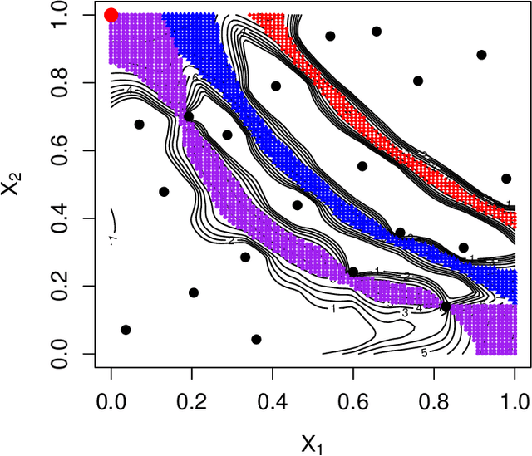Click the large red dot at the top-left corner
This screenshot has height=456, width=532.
111,15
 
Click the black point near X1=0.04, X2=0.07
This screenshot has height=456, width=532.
126,330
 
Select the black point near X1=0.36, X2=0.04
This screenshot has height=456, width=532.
256,339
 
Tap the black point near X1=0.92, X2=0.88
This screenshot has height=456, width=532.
481,55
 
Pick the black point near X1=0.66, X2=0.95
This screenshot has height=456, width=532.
377,32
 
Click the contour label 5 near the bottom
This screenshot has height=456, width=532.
424,353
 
